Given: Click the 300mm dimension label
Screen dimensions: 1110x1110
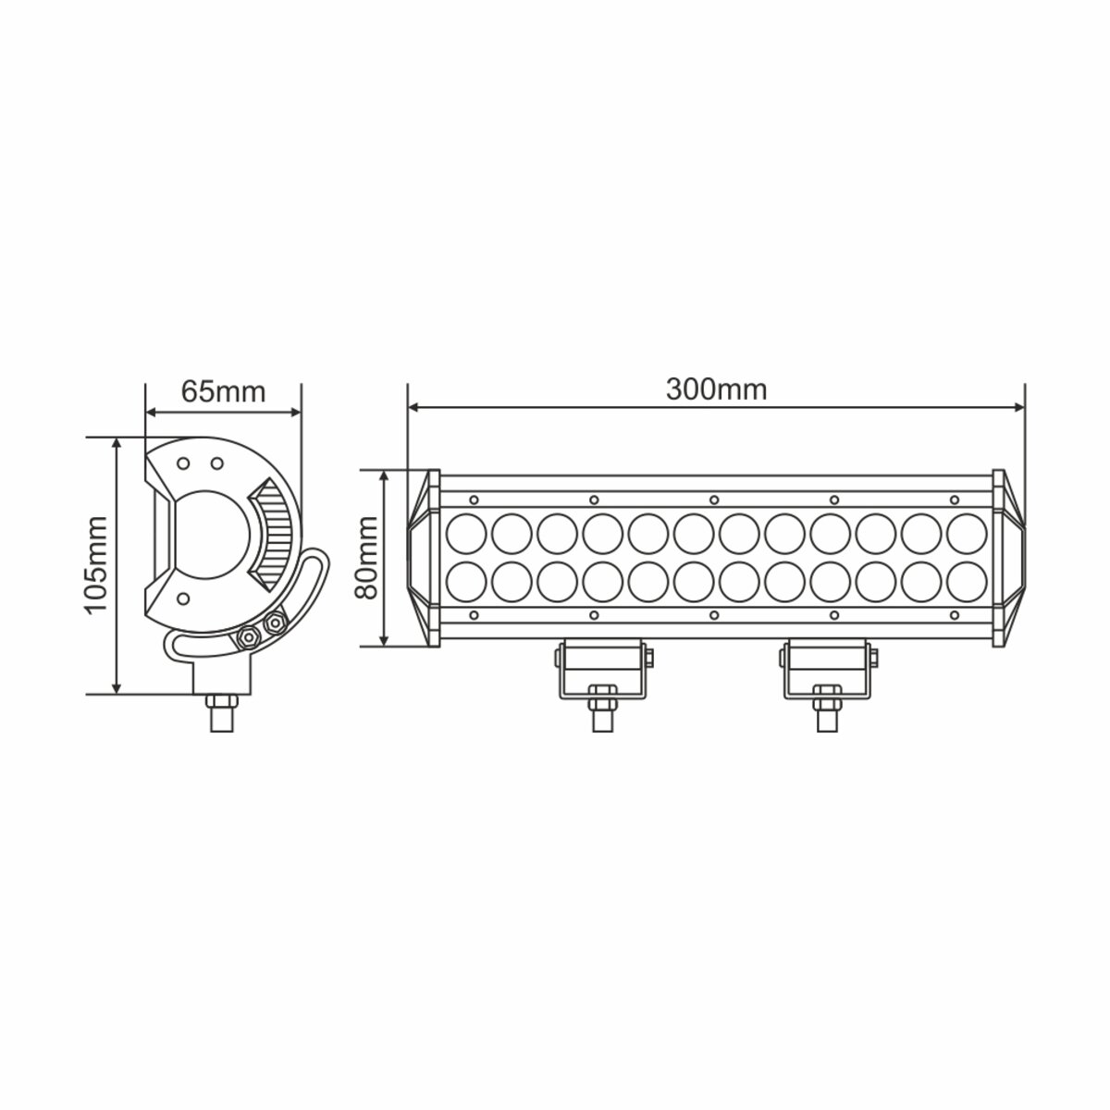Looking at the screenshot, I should point(716,389).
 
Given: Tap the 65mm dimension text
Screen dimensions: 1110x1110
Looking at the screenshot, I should point(223,390).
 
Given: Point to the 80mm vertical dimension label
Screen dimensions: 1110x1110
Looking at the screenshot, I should point(367,558).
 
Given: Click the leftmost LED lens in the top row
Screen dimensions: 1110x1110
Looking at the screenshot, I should point(467,533).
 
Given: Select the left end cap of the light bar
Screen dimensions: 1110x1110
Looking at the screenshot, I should point(423,558).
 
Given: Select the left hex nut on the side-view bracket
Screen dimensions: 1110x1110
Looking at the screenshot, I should point(247,636).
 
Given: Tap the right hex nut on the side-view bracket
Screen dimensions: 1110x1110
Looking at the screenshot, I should point(274,624).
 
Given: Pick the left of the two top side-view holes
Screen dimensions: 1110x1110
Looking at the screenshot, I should point(184,462).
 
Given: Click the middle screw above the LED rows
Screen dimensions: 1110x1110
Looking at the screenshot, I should point(713,499).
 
